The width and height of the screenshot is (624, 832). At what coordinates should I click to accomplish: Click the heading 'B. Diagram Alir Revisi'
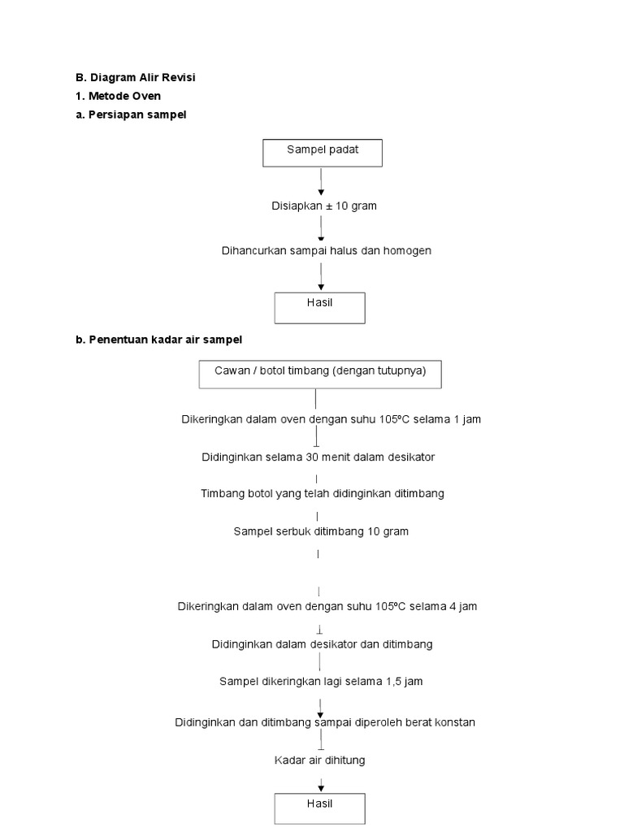pos(136,78)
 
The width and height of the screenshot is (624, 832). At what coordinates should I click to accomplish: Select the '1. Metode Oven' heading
pos(118,96)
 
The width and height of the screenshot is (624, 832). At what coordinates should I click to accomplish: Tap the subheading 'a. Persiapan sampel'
pos(131,115)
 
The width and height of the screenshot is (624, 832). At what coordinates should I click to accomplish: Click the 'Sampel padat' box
pos(322,153)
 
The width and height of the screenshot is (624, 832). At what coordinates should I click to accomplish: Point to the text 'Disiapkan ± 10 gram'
pos(323,206)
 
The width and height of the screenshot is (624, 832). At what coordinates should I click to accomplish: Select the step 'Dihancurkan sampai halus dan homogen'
pos(327,250)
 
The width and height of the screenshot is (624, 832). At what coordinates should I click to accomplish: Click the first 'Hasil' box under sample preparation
pos(320,307)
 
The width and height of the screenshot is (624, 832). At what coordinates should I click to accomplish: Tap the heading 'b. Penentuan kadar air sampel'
pos(159,340)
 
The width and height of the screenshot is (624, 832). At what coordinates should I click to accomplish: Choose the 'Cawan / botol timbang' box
pos(320,374)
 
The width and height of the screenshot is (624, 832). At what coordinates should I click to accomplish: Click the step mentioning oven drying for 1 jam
pos(331,419)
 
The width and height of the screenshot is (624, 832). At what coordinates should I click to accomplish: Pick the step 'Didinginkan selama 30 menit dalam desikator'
pos(318,457)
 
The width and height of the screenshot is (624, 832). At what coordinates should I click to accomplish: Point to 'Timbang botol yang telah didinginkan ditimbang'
pos(323,493)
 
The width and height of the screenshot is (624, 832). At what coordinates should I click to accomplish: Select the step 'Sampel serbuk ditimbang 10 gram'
pos(321,531)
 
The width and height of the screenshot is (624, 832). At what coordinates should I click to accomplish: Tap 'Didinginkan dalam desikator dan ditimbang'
pos(322,643)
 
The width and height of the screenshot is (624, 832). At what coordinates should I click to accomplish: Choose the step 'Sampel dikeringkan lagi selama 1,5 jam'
pos(321,681)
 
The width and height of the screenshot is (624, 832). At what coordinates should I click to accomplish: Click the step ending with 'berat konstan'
pos(325,721)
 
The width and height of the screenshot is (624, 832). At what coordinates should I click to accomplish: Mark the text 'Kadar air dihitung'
pos(319,760)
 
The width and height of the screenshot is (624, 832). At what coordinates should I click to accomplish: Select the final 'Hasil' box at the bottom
pos(320,808)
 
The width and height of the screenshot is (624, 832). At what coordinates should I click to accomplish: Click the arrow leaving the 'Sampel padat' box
pos(322,181)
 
